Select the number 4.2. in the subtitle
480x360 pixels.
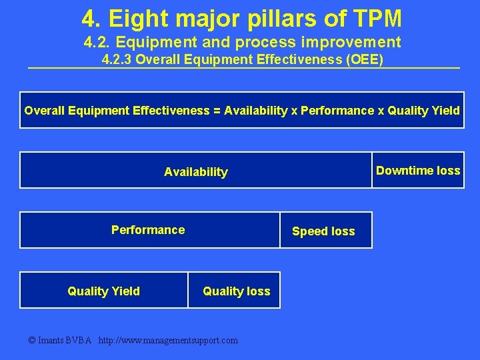coord(99,43)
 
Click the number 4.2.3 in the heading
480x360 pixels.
coord(117,60)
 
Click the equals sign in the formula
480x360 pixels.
coord(217,111)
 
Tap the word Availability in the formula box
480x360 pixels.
coord(256,111)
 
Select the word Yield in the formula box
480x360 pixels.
coord(445,111)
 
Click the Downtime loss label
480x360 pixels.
coord(418,171)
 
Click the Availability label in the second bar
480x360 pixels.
coord(196,172)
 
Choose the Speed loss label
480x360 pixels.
coord(323,231)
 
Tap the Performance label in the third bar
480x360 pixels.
coord(148,230)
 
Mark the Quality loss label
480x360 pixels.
coord(237,291)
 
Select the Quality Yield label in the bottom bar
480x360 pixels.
coord(104,291)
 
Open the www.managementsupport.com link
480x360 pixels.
coord(167,341)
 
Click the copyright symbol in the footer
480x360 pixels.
coord(33,341)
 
